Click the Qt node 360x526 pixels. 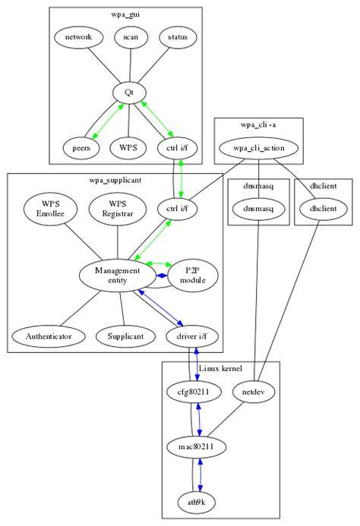pyautogui.click(x=129, y=93)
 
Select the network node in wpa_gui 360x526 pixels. pyautogui.click(x=78, y=37)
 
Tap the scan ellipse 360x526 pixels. pyautogui.click(x=131, y=37)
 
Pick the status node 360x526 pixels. pyautogui.click(x=178, y=37)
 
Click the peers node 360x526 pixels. pyautogui.click(x=81, y=148)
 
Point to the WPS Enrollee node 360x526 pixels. pyautogui.click(x=50, y=209)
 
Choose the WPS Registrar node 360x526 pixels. pyautogui.click(x=118, y=209)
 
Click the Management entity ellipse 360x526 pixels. pyautogui.click(x=117, y=276)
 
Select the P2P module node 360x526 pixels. pyautogui.click(x=193, y=276)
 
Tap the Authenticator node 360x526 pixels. pyautogui.click(x=49, y=336)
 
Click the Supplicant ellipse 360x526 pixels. pyautogui.click(x=125, y=336)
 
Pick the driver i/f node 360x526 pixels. pyautogui.click(x=192, y=336)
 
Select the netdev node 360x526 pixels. pyautogui.click(x=253, y=392)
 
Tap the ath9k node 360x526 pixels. pyautogui.click(x=197, y=502)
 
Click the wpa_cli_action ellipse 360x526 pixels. pyautogui.click(x=258, y=148)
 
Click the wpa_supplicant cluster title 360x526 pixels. pyautogui.click(x=115, y=180)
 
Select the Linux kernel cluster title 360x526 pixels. pyautogui.click(x=220, y=368)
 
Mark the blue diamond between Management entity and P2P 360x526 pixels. pyautogui.click(x=163, y=276)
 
